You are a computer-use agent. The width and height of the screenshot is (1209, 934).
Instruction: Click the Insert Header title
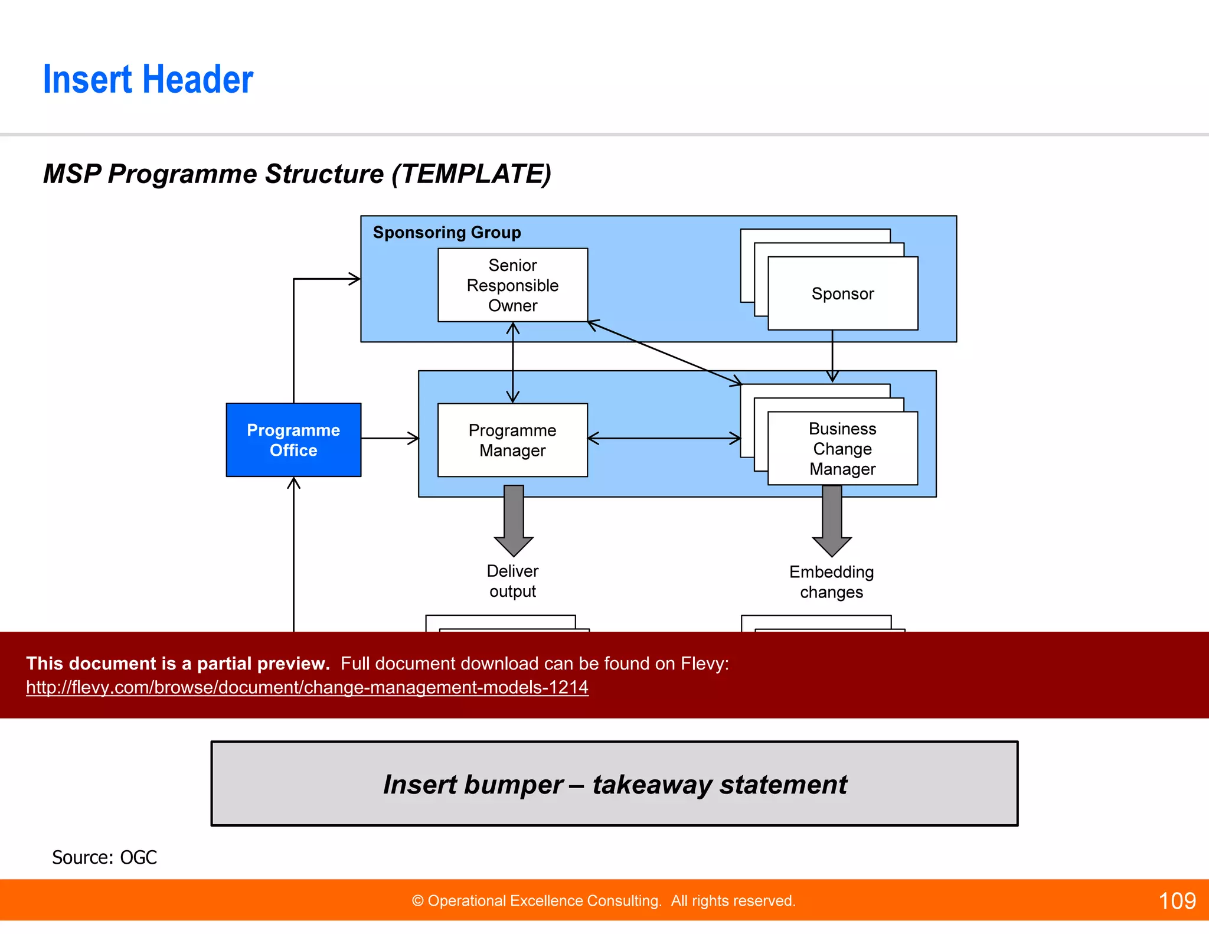[148, 80]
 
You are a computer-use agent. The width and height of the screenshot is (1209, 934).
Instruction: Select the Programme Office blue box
[293, 440]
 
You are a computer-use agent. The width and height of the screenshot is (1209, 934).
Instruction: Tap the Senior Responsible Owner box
[512, 285]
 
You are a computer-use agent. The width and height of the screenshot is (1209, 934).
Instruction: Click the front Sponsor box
[842, 293]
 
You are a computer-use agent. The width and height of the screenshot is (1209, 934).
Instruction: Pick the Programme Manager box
[512, 440]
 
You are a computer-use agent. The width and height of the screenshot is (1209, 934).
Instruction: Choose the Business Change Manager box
[842, 449]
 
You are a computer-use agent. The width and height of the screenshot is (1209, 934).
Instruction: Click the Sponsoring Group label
[447, 233]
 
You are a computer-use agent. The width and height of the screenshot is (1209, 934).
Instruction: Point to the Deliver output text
[512, 581]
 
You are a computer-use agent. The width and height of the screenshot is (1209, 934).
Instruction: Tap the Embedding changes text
[831, 582]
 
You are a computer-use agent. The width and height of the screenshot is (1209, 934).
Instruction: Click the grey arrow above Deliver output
[514, 520]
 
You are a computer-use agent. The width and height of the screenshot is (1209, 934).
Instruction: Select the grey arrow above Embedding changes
[832, 520]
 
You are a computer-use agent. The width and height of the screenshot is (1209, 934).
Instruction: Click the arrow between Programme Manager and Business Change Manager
[664, 438]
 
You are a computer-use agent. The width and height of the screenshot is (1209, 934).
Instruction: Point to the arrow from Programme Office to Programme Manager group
[390, 438]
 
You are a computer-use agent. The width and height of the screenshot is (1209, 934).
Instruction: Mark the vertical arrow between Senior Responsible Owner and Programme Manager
[512, 363]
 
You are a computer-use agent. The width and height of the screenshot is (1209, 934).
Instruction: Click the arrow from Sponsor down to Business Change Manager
[832, 354]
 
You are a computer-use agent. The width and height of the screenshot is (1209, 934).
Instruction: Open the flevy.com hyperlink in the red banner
[307, 687]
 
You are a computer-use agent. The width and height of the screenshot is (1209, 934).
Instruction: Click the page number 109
[1177, 901]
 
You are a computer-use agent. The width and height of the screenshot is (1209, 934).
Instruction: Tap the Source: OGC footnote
[104, 857]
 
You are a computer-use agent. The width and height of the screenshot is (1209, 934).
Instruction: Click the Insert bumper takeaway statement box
[614, 783]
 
